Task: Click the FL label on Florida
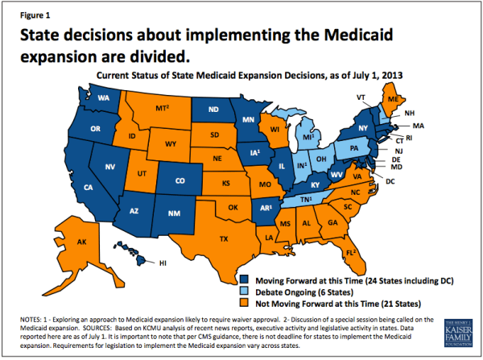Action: pyautogui.click(x=349, y=252)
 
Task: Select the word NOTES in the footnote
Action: pyautogui.click(x=26, y=320)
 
